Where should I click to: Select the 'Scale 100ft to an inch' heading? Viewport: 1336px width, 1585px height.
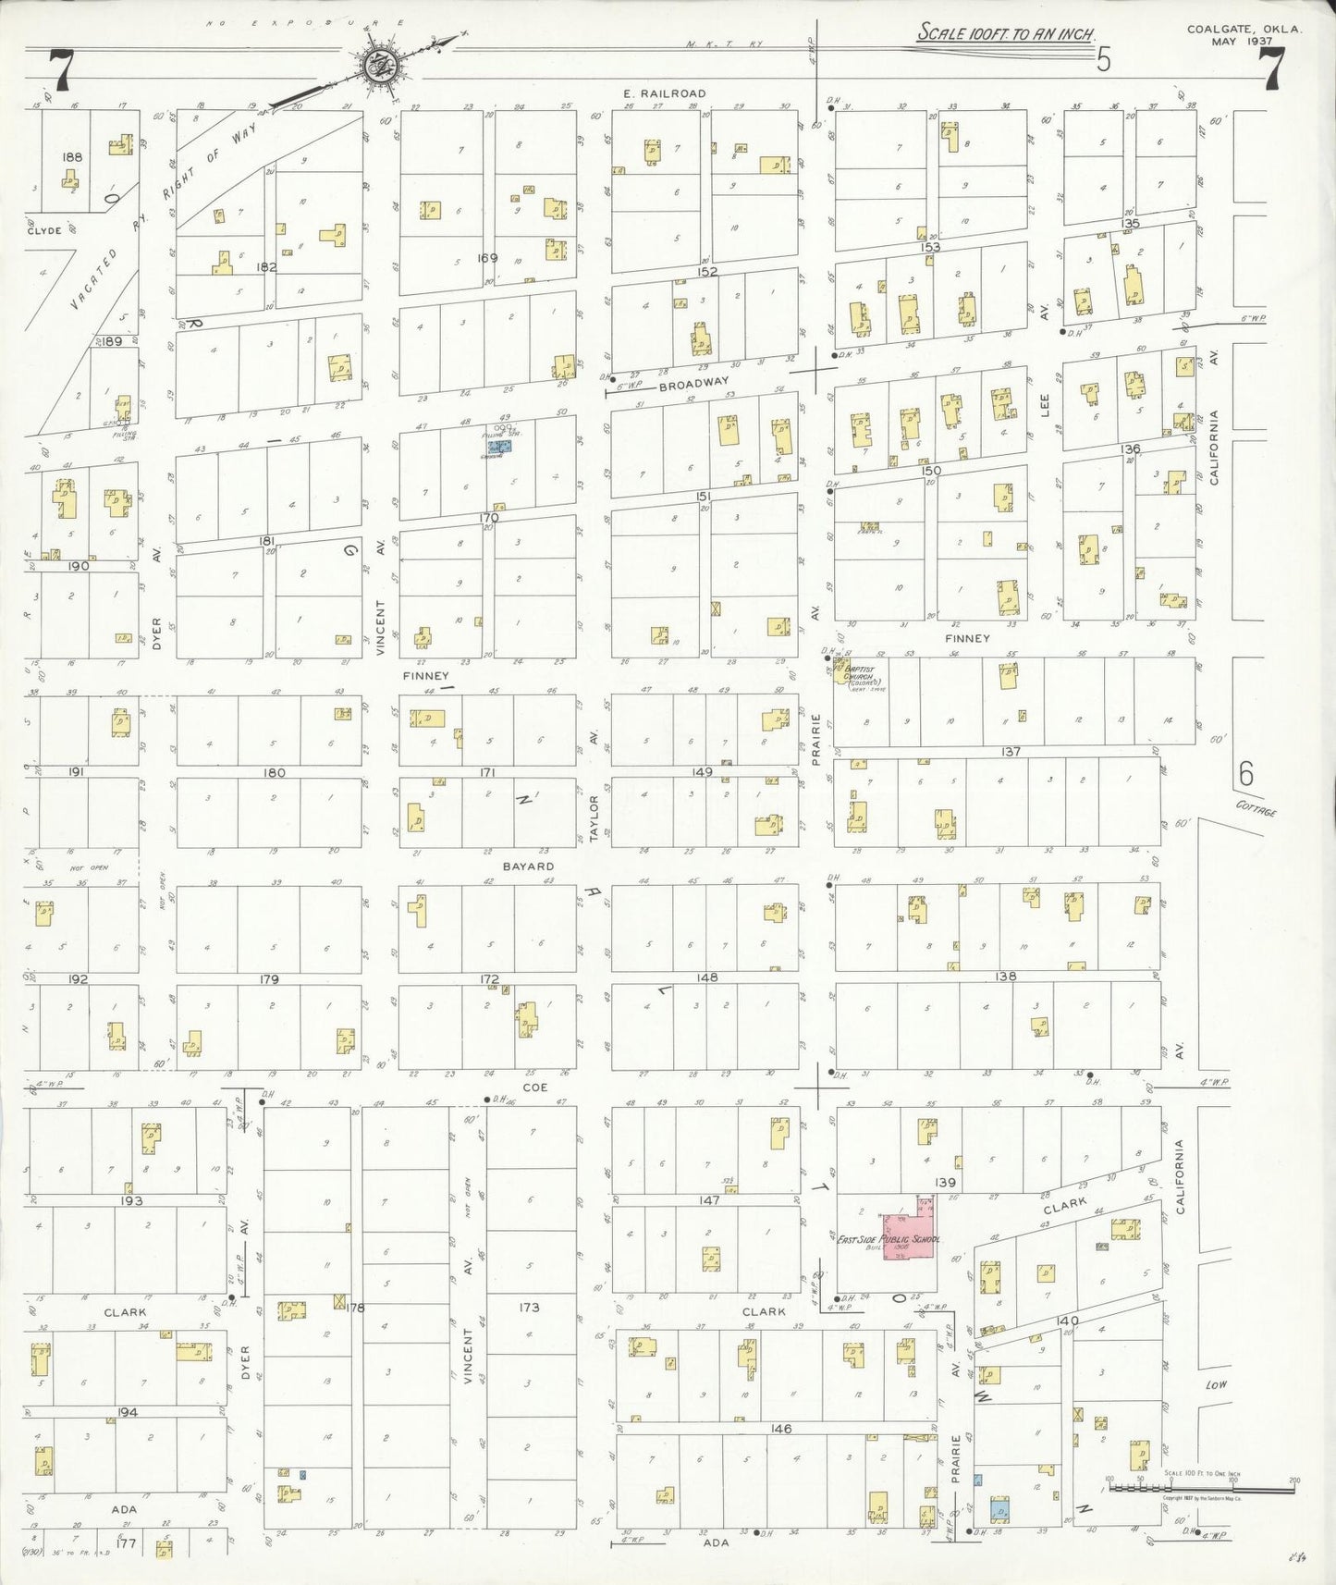(x=1006, y=33)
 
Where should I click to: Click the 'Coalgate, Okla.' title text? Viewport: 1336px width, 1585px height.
(x=1244, y=30)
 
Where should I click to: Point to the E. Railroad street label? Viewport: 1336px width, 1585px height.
(x=665, y=93)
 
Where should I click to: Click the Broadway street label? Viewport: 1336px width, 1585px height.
(x=694, y=382)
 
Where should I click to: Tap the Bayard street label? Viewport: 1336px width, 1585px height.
(x=528, y=866)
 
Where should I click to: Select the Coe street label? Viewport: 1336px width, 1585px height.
(x=534, y=1087)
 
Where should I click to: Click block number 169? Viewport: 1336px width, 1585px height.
(x=487, y=258)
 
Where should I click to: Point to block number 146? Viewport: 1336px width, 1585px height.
(x=781, y=1429)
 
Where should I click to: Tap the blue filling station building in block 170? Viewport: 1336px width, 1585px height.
(x=498, y=445)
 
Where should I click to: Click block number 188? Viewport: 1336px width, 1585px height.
(x=71, y=157)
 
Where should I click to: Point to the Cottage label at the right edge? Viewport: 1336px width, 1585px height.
(x=1256, y=809)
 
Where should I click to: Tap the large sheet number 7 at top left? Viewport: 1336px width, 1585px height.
(x=61, y=69)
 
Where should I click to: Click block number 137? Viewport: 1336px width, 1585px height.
(x=1011, y=752)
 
